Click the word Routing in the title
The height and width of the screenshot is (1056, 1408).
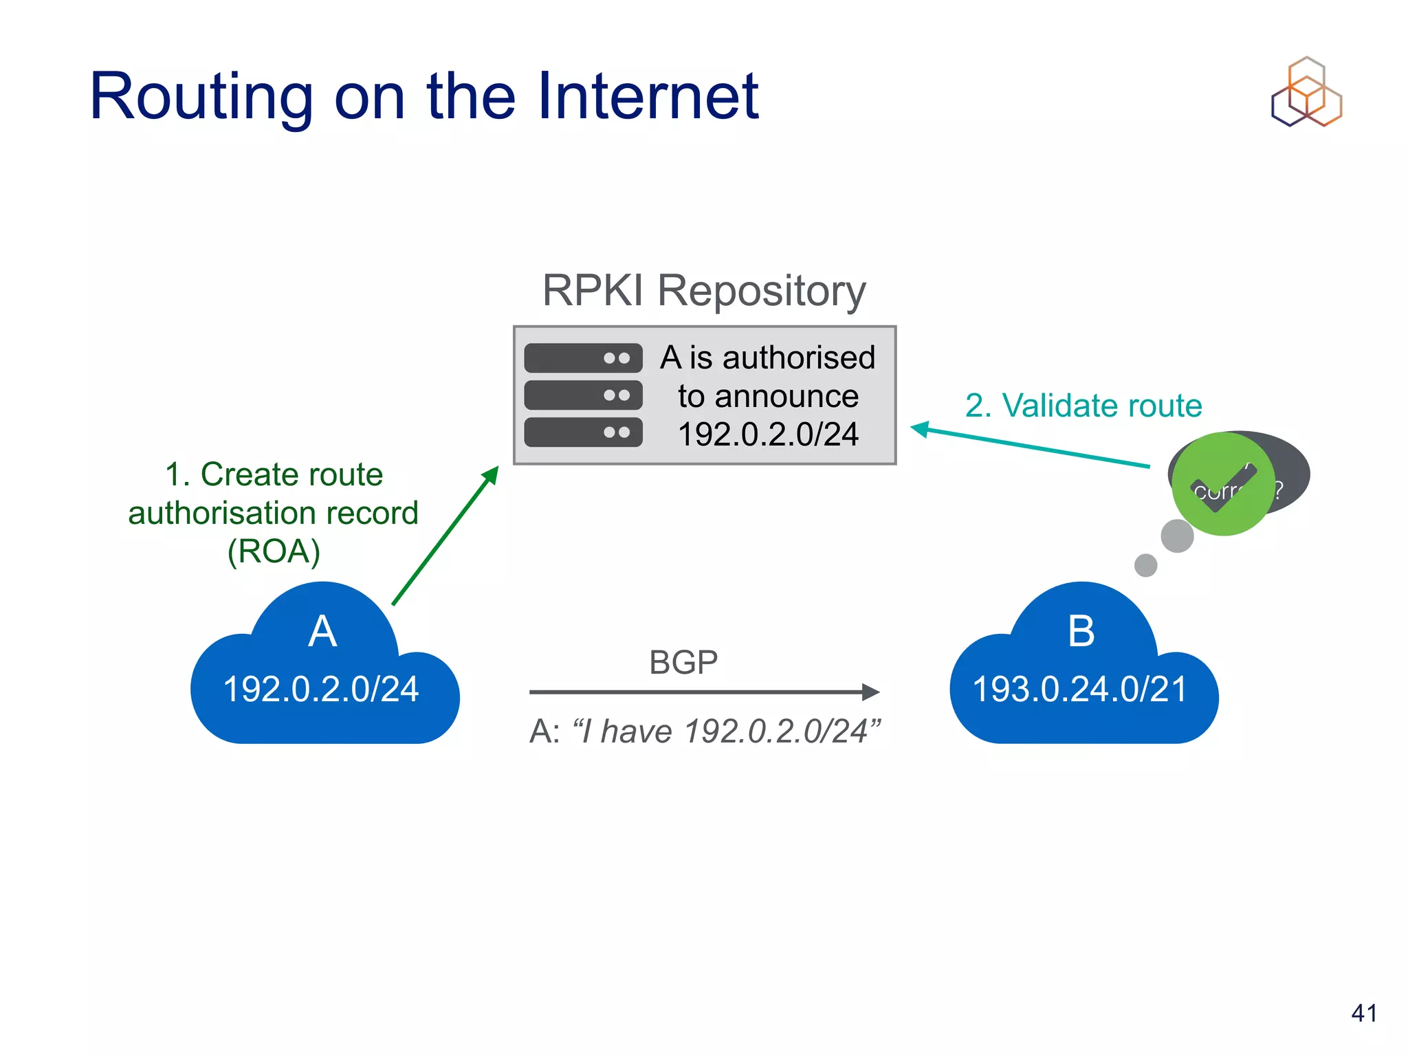point(201,98)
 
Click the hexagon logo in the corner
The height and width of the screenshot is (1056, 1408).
point(1306,92)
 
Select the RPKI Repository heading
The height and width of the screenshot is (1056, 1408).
point(703,290)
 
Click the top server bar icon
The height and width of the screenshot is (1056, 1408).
point(583,358)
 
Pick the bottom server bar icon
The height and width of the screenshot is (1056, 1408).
point(583,432)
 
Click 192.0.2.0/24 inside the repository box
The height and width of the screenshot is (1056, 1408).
point(768,434)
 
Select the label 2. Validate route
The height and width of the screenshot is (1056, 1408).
point(1083,406)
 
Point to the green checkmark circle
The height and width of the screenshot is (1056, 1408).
point(1223,484)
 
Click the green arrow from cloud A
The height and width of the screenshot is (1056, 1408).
point(445,536)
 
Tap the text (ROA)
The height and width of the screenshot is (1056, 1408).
point(274,551)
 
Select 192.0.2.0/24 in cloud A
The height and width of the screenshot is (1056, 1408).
point(321,689)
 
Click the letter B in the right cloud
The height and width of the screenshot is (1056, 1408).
point(1081,631)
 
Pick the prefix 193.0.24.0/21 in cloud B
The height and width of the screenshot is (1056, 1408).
point(1080,689)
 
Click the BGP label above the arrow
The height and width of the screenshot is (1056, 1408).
point(683,663)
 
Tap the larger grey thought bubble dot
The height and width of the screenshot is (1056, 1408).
point(1177,536)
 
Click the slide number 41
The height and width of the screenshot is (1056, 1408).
point(1364,1013)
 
